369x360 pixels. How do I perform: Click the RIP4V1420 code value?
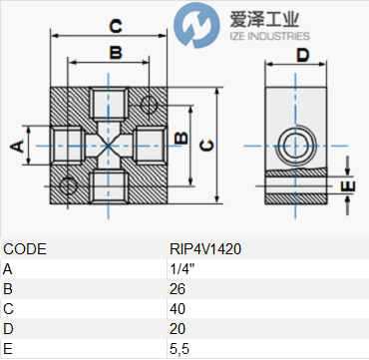coord(205,249)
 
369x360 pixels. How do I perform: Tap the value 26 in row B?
coord(178,289)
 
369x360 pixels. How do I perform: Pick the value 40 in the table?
coord(178,309)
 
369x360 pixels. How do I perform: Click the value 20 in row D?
coord(178,329)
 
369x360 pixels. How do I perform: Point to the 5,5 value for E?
coord(180,349)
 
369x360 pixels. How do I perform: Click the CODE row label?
coord(25,249)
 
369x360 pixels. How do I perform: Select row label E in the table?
coord(7,349)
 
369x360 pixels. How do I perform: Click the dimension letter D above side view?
coord(303,55)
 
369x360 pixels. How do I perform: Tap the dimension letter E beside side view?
coord(348,186)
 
